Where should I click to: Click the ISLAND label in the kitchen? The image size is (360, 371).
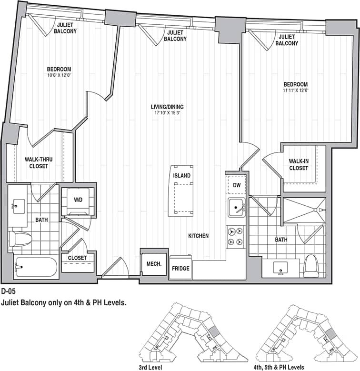pos(182,176)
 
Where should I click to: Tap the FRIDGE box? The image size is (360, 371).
pos(181,269)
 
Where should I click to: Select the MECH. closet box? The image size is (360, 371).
pos(153,263)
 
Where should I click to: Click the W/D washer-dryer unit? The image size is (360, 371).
pos(78,200)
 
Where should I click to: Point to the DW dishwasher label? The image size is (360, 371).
pos(236,185)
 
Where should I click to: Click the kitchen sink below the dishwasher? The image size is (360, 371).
pos(236,208)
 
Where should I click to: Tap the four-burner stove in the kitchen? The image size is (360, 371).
pos(236,237)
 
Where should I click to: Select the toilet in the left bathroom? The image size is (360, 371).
pos(20,239)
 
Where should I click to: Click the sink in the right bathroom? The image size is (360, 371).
pos(280,268)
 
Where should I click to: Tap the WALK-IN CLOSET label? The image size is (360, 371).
pos(298,164)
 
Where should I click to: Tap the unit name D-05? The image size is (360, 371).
pos(9,291)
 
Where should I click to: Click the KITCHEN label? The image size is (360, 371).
pos(198,236)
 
